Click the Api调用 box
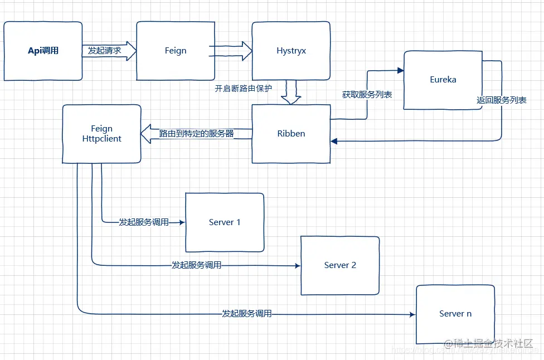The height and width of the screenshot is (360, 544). (x=43, y=51)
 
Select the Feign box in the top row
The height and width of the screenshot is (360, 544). (x=176, y=51)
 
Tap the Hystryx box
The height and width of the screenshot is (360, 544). (x=291, y=51)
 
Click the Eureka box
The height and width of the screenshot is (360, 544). (x=443, y=80)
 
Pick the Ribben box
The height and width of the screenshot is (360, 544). (x=291, y=134)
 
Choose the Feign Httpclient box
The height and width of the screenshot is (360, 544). (x=101, y=134)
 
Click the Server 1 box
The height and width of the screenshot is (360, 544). (x=225, y=222)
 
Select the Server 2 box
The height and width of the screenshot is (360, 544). (x=340, y=265)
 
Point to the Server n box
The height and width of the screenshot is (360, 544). (x=455, y=314)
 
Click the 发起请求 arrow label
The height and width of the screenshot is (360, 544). (x=105, y=51)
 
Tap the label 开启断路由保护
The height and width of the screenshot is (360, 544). (x=244, y=88)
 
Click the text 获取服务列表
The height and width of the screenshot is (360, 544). (x=367, y=95)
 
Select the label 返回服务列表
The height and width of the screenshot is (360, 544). (x=502, y=100)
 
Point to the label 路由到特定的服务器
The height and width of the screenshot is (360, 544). (x=196, y=134)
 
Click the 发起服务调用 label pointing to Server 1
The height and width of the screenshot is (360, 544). (x=144, y=222)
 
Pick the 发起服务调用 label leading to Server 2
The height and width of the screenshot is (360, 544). (x=196, y=265)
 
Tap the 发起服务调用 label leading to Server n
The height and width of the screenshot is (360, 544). (x=247, y=314)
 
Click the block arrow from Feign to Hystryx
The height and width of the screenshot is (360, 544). (x=231, y=51)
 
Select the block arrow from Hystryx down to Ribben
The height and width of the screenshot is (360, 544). (x=290, y=93)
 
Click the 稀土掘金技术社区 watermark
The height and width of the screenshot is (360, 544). (x=493, y=343)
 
